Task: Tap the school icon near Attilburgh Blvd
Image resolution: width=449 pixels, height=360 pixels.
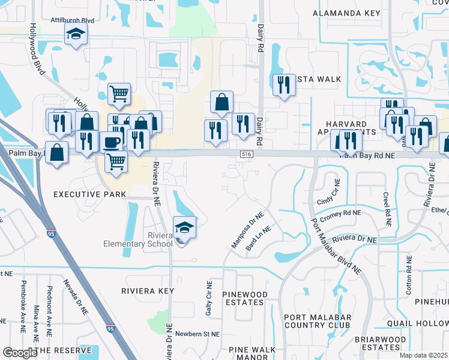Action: [x=76, y=35]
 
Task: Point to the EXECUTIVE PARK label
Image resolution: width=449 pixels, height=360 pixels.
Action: [x=90, y=194]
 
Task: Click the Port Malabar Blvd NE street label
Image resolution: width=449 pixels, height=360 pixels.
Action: [x=336, y=250]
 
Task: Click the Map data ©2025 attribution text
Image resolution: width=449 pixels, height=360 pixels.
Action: [x=423, y=355]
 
